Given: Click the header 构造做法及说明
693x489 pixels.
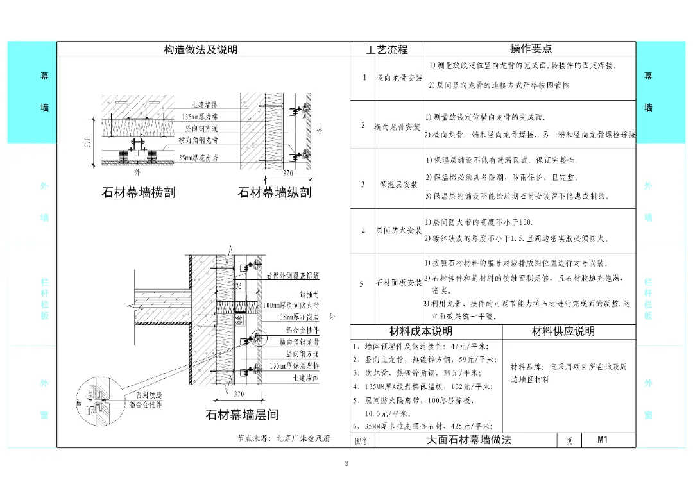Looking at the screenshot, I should click(x=200, y=49).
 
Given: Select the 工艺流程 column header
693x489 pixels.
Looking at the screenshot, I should click(x=387, y=49).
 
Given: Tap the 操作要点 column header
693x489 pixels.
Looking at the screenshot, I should click(x=531, y=49).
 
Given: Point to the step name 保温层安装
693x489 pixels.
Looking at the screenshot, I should click(x=399, y=185).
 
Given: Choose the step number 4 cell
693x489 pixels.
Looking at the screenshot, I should click(x=363, y=231).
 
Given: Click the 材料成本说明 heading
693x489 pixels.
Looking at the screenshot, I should click(x=421, y=331).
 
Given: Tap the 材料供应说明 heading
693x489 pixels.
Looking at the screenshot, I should click(x=563, y=331).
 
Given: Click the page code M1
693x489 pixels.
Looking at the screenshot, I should click(x=602, y=440).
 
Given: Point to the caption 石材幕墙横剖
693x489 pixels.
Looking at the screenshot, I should click(x=139, y=192).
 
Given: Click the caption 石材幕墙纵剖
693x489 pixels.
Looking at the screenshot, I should click(x=275, y=192).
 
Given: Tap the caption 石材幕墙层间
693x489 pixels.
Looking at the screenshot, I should click(x=242, y=415).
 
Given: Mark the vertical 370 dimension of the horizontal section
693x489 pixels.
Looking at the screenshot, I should click(x=89, y=143).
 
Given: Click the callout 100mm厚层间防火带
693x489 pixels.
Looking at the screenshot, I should click(x=291, y=306).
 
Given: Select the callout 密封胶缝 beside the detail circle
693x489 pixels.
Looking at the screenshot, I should click(x=149, y=395).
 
